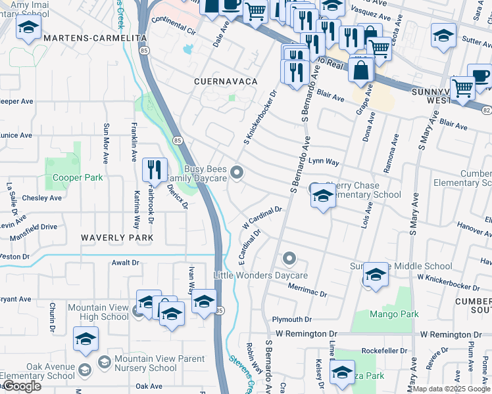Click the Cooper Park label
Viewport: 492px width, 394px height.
[77, 178]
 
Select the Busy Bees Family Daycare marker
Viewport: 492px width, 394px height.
[238, 173]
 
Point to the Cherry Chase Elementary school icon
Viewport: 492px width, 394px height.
[322, 196]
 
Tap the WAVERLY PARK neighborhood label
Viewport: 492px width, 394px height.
[117, 238]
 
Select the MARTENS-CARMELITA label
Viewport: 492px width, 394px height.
[84, 39]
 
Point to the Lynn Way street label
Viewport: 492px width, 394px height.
[324, 161]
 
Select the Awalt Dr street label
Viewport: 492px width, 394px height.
[126, 263]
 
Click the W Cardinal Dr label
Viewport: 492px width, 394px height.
[262, 217]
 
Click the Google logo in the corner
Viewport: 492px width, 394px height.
[21, 386]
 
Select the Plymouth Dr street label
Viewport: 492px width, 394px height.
[291, 319]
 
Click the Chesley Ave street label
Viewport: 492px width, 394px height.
[41, 198]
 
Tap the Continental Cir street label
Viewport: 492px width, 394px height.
[174, 31]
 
